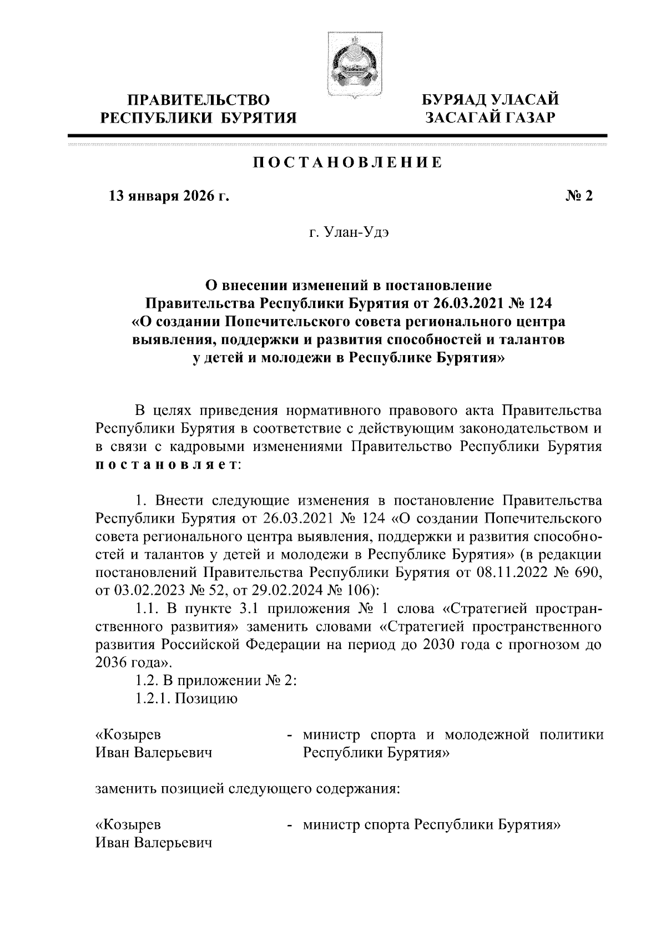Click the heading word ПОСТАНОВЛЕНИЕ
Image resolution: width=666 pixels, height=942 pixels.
coord(347,163)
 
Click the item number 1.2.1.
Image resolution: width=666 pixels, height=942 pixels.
coord(152,698)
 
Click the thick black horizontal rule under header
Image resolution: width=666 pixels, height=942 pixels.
coord(337,135)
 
